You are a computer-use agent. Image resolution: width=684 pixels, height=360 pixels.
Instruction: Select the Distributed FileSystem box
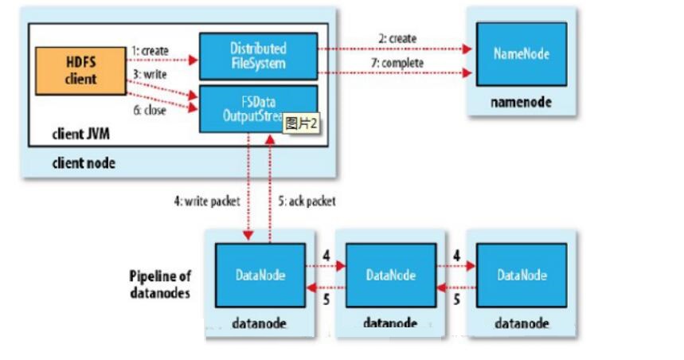[257, 56]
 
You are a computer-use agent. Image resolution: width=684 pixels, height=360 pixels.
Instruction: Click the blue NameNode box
[522, 54]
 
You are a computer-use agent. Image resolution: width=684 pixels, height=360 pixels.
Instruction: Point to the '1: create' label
[152, 49]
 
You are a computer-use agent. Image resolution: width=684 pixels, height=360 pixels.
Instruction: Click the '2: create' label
[395, 38]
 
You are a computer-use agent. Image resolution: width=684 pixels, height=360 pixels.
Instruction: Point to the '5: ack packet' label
[306, 202]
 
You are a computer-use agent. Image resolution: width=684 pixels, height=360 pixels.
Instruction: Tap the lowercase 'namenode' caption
[522, 103]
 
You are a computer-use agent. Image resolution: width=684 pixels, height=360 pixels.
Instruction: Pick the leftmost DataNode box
[260, 276]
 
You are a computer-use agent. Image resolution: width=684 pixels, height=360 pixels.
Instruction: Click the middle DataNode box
[390, 276]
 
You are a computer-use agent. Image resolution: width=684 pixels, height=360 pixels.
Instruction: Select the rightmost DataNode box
[522, 276]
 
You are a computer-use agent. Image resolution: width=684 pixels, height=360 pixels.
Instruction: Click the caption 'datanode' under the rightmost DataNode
[522, 323]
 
